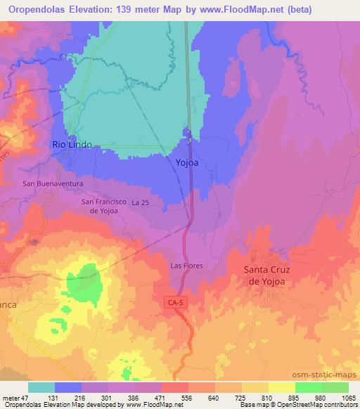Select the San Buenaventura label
[x=53, y=183]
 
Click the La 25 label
[x=141, y=202]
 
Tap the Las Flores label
[x=186, y=266]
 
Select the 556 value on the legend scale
[x=186, y=398]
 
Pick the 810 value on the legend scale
[x=266, y=398]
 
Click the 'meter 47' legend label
[x=14, y=398]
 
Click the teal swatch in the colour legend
[x=41, y=387]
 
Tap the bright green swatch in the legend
[x=309, y=387]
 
